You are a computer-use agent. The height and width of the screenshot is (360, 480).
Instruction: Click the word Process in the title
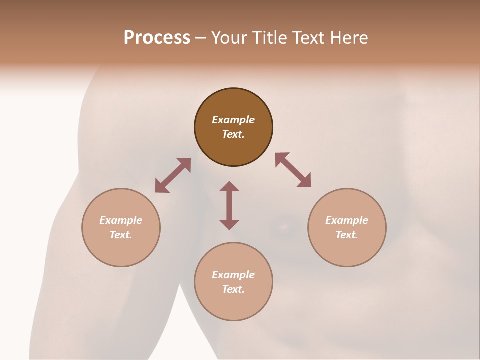(x=157, y=38)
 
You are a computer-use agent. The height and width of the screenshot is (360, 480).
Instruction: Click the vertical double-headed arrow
(x=229, y=205)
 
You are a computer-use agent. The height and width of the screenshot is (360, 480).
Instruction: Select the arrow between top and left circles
(x=173, y=175)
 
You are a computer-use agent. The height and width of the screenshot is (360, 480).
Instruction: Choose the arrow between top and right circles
(x=293, y=170)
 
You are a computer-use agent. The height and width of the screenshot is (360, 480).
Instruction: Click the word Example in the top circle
(x=233, y=120)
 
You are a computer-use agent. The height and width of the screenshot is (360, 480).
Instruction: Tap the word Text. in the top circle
(x=233, y=134)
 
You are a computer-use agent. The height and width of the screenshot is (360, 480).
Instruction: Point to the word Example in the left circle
(x=121, y=220)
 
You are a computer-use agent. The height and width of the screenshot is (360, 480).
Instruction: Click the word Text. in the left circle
(x=121, y=235)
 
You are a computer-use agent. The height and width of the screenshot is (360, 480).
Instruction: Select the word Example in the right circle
(x=347, y=220)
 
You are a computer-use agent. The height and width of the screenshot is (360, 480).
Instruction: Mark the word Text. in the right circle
(x=347, y=235)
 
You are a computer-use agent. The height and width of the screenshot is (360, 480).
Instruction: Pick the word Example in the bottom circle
(x=233, y=275)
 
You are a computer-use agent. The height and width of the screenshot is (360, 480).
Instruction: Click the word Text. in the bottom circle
(x=233, y=289)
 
